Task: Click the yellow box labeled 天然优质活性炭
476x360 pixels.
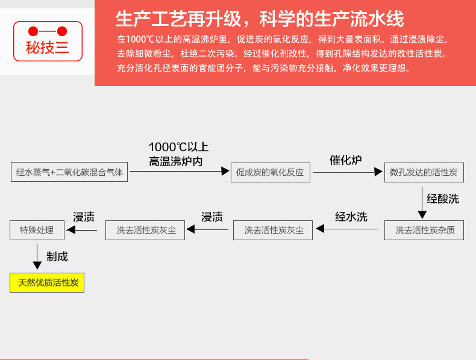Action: pos(47,283)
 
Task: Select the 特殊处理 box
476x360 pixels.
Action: pos(37,230)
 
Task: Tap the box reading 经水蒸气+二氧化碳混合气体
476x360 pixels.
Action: pos(69,172)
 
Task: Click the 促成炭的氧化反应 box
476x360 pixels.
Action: pos(271,172)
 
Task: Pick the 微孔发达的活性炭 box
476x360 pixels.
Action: pos(424,172)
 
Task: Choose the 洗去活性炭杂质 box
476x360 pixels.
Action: pos(424,230)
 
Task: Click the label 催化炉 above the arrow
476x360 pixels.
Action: pos(345,160)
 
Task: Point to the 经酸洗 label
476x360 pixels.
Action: pos(443,199)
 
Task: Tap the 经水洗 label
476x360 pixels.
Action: pos(351,217)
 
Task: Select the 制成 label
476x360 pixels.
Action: pos(57,256)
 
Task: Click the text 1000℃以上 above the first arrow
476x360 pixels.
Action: pos(178,147)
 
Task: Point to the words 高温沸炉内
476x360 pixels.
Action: pos(175,161)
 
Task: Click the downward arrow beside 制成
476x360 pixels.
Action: pos(37,256)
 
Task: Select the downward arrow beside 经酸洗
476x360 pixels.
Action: pos(422,203)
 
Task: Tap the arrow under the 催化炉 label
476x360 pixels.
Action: pos(348,172)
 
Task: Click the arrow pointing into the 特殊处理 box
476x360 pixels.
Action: pos(82,230)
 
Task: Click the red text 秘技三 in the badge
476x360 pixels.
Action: pos(48,48)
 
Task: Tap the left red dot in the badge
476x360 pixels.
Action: pos(33,31)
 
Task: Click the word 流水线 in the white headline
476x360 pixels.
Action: pos(377,19)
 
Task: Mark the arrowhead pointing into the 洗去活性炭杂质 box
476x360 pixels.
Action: pos(422,215)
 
